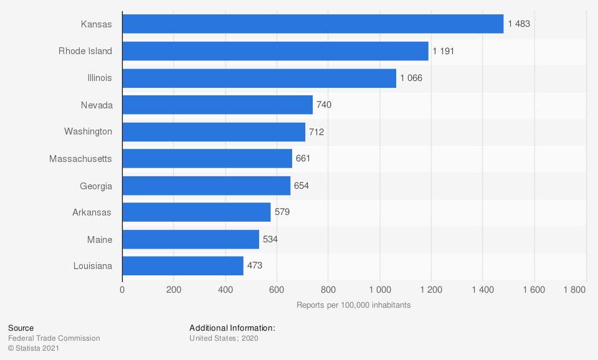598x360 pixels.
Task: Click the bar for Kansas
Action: coord(313,24)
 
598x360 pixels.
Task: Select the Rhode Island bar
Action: coord(275,51)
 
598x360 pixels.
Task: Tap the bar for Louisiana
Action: coord(183,266)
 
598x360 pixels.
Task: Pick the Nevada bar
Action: coord(217,105)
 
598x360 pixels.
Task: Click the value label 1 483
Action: coord(519,24)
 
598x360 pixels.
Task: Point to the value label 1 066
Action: coord(412,78)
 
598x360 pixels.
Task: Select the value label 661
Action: coord(303,159)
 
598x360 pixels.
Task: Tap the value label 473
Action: coord(255,266)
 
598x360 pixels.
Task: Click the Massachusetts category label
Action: coord(80,159)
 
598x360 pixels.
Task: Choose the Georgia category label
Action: coord(96,186)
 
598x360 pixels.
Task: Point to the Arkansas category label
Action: coord(92,212)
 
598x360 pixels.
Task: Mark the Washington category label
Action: coord(88,131)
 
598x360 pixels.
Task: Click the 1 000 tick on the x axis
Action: coord(379,290)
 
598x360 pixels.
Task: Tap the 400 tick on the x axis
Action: coord(225,290)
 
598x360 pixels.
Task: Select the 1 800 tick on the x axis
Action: coord(574,290)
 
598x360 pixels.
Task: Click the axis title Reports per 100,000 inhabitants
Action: coord(353,305)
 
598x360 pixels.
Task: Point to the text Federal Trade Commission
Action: coord(54,338)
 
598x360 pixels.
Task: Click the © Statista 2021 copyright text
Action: coord(34,348)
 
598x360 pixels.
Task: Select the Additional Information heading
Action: coord(232,328)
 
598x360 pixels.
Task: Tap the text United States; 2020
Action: coord(224,338)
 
